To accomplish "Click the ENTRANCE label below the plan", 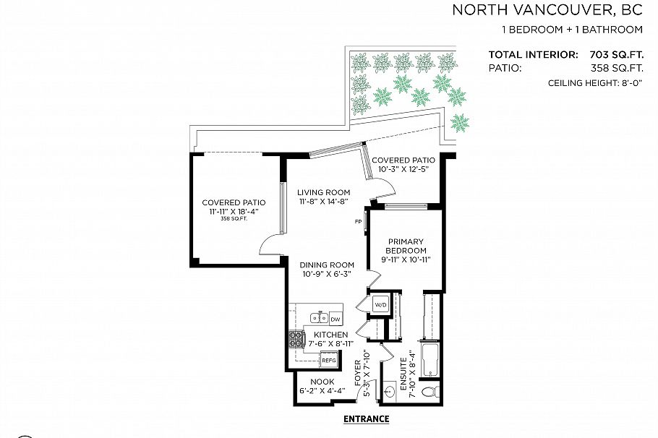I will pos(366,419).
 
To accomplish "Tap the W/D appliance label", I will pos(381,306).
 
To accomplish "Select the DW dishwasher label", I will pos(336,319).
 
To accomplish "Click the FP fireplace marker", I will pos(358,221).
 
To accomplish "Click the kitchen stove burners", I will pos(296,339).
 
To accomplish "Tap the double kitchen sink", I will pos(318,318).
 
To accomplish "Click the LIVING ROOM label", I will pos(323,193).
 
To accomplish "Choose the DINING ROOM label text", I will pos(327,265).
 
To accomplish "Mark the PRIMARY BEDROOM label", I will pos(406,246).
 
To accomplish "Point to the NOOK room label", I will pos(322,381).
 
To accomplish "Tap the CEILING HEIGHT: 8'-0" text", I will pos(595,84).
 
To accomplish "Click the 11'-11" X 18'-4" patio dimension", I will pos(234,211).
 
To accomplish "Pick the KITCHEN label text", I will pos(331,335).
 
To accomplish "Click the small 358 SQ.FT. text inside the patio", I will pos(234,219).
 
